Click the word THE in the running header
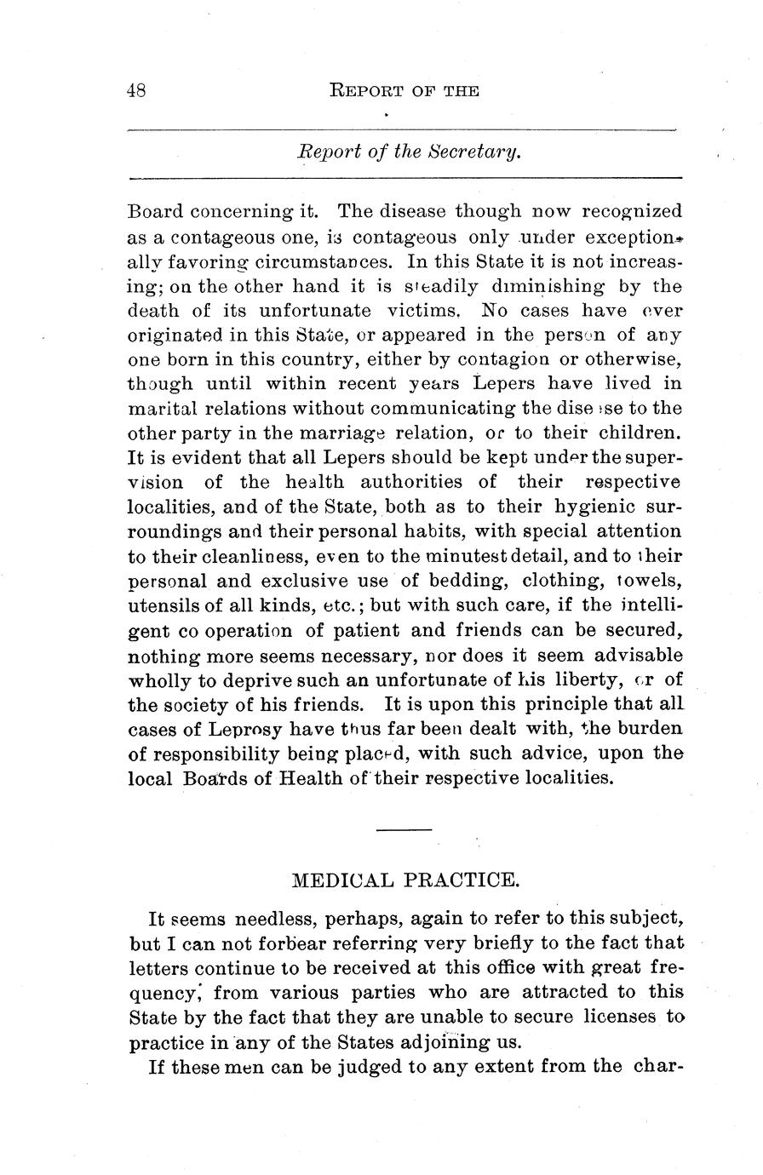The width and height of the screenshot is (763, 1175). click(x=461, y=90)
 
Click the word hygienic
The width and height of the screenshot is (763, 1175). click(x=608, y=507)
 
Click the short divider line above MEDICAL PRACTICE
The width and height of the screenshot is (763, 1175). click(x=404, y=829)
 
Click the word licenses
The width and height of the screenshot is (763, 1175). click(x=620, y=1017)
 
